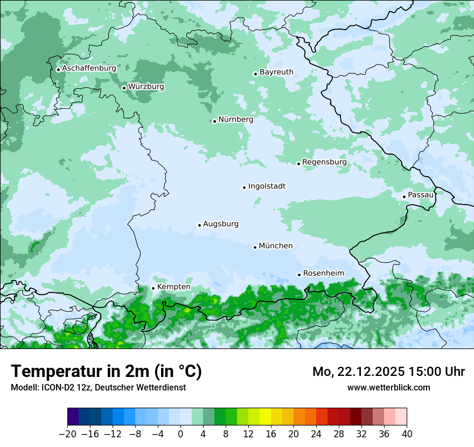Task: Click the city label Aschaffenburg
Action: coord(89,68)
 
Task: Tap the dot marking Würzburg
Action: coord(124,88)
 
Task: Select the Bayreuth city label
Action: coord(276,72)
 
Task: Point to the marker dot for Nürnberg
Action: coord(214,121)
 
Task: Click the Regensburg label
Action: coord(324,162)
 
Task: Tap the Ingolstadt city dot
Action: coord(244,187)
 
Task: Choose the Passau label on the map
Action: coord(421,194)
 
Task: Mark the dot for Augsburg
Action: coord(199,225)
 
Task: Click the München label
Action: coord(276,246)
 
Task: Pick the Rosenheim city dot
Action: coord(299,275)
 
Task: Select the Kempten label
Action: coord(173,287)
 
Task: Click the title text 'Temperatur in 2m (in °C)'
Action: coord(106,371)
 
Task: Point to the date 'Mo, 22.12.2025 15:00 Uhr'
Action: coord(388,372)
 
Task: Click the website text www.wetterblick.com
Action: coord(388,387)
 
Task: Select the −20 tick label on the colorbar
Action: coord(67,434)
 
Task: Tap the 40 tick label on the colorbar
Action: coord(407,434)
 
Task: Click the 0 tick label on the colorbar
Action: coord(180,434)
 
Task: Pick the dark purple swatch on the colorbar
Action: coord(73,417)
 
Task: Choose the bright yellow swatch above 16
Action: coord(265,417)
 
